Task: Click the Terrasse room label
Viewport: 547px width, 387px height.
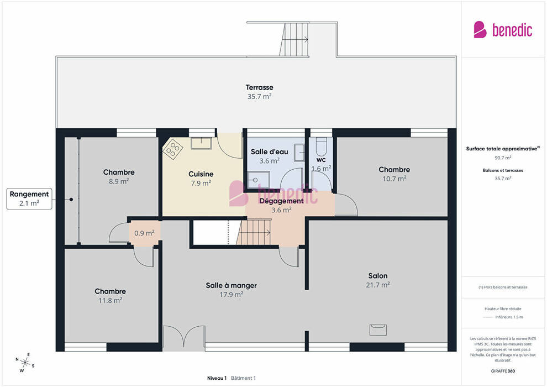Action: click(259, 87)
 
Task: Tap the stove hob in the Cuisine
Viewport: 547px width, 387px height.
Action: click(173, 149)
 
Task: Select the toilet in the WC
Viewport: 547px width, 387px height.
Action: click(321, 147)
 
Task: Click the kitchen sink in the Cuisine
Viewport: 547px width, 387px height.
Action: click(201, 143)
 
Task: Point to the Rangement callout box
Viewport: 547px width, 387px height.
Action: click(29, 199)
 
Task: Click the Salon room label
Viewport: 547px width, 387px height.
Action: click(378, 276)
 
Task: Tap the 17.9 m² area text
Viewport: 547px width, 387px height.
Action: click(232, 295)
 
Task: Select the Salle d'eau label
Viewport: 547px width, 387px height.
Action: click(269, 151)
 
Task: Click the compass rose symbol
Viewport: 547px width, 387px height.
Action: click(25, 363)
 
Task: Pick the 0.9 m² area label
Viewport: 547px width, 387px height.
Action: click(144, 233)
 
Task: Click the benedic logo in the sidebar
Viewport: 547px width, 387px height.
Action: click(503, 30)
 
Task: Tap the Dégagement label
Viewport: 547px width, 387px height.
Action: click(282, 201)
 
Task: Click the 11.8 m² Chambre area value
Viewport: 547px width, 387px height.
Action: click(111, 300)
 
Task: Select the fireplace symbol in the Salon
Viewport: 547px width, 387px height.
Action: click(378, 330)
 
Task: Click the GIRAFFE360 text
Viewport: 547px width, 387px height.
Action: click(503, 371)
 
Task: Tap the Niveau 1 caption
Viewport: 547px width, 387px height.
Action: click(217, 378)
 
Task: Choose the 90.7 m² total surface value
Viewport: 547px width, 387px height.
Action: click(503, 158)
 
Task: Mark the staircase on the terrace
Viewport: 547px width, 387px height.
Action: click(294, 39)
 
